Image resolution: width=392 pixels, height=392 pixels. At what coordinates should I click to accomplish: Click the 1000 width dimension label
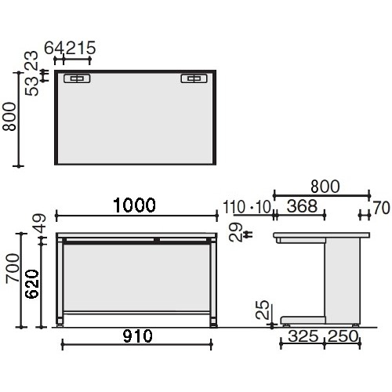coord(135,205)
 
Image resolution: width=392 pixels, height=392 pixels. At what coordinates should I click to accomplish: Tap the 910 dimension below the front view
coord(138,336)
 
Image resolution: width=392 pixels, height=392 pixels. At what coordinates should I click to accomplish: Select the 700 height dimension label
coord(13,268)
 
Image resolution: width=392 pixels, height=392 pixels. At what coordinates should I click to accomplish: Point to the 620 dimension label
coord(32,284)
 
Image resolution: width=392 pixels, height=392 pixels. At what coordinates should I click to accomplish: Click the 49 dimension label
coord(40,223)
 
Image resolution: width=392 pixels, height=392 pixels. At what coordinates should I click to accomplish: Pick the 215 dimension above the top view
coord(81,48)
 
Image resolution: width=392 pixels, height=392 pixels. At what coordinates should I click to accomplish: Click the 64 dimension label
coord(55,48)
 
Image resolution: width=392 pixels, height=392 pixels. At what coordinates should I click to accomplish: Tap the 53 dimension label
coord(31,86)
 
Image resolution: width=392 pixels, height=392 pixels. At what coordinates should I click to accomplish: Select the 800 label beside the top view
coord(9,116)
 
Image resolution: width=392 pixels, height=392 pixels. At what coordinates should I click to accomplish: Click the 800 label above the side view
coord(325,187)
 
